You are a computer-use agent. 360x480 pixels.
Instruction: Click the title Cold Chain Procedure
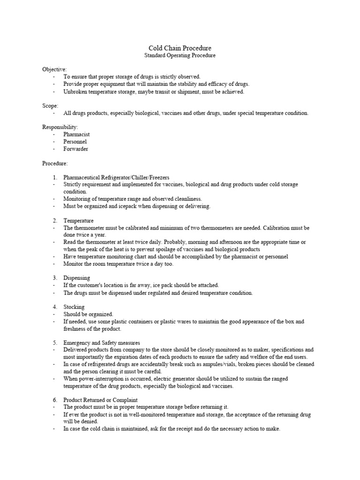[x=180, y=48]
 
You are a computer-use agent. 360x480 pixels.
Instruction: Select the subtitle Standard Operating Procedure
[x=180, y=56]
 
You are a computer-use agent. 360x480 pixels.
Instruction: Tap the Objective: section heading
[x=54, y=69]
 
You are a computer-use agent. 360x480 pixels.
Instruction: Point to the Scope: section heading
[x=50, y=106]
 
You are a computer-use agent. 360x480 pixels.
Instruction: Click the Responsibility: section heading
[x=60, y=127]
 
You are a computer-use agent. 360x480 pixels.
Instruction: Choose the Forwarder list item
[x=75, y=149]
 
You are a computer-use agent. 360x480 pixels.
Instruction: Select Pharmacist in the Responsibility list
[x=76, y=135]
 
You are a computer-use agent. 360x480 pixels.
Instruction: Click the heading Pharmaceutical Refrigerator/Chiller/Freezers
[x=116, y=177]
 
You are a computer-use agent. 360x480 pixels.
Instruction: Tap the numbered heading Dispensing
[x=77, y=278]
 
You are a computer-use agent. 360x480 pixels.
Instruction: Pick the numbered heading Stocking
[x=74, y=307]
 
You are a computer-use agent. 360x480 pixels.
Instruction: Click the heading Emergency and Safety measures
[x=102, y=343]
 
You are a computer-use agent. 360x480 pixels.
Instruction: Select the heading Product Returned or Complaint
[x=100, y=400]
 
